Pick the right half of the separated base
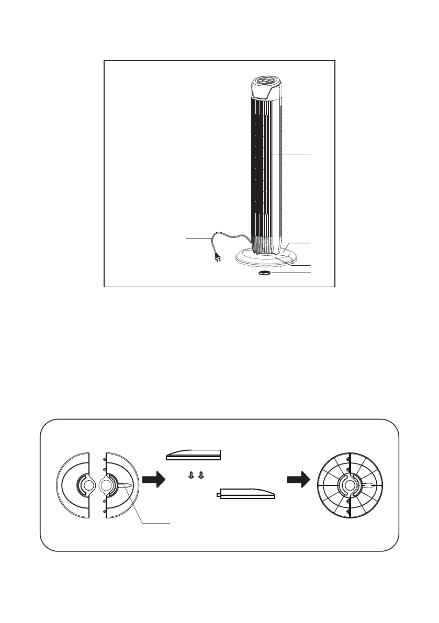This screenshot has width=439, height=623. click(x=122, y=485)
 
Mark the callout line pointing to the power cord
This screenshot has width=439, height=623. click(x=198, y=238)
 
